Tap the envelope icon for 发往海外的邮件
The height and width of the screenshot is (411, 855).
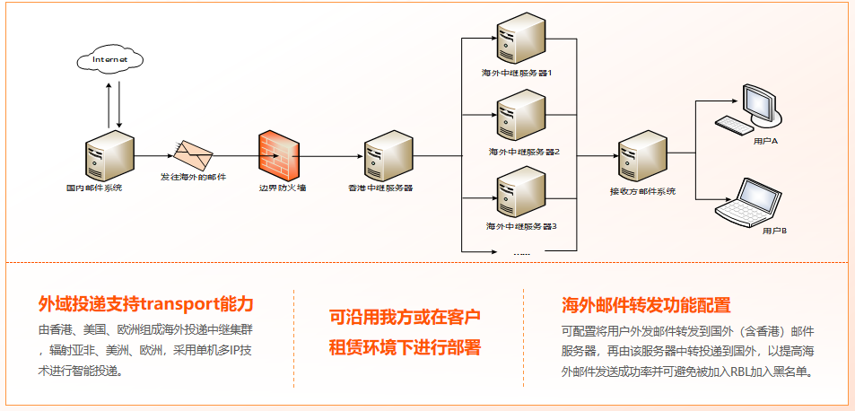(194, 154)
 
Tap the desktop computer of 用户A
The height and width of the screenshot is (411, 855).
(753, 108)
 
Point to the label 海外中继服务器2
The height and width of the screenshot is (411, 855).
(524, 152)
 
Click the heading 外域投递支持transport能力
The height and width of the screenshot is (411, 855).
(145, 303)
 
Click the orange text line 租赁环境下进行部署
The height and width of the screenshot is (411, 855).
(406, 347)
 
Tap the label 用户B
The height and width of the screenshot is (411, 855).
(773, 231)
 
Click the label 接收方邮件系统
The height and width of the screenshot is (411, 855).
(642, 191)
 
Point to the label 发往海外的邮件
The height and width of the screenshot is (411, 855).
(194, 177)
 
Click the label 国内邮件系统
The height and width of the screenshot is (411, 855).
(94, 188)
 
